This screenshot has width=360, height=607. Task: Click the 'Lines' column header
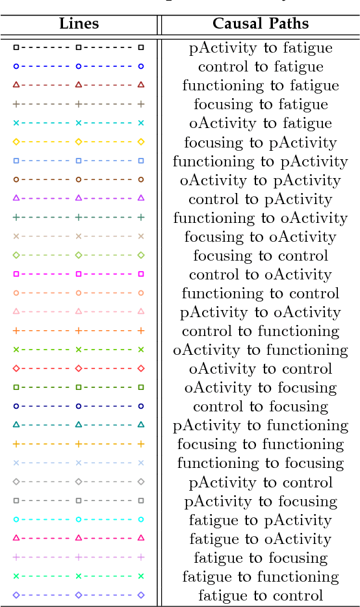(79, 24)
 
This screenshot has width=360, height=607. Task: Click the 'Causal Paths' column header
(261, 24)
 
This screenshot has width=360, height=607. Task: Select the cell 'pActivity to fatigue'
(261, 48)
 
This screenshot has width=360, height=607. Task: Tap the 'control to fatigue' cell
(261, 67)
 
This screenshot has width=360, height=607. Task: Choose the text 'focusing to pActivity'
(261, 142)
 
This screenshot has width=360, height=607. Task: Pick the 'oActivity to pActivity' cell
(261, 180)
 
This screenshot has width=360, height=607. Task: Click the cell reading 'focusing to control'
(261, 255)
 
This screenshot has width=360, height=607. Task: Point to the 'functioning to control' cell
(261, 293)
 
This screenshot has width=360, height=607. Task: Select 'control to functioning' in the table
(261, 331)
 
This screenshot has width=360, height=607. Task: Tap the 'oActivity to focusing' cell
(261, 388)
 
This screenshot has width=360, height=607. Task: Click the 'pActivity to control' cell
(261, 482)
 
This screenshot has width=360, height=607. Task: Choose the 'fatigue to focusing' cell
(261, 558)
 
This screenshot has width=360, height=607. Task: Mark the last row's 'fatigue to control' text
(261, 595)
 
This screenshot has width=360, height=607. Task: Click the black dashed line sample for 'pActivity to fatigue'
(78, 47)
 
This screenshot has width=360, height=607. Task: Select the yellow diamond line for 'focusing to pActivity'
(78, 142)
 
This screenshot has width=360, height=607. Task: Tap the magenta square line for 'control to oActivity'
(78, 274)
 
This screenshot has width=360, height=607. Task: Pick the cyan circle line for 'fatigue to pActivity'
(78, 519)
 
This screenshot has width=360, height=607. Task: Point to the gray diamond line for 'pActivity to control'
(78, 482)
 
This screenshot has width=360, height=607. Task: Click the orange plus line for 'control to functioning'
(78, 330)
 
